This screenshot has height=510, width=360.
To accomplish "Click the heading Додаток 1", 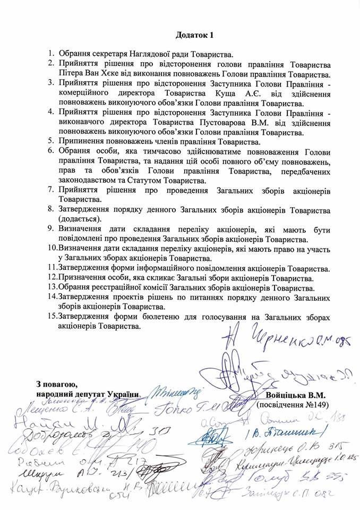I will pos(194,36).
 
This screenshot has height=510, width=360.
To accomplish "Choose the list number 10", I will pos(52,248).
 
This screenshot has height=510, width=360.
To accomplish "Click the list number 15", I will pos(52,317).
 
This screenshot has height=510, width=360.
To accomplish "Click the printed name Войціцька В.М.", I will pos(295,395).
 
